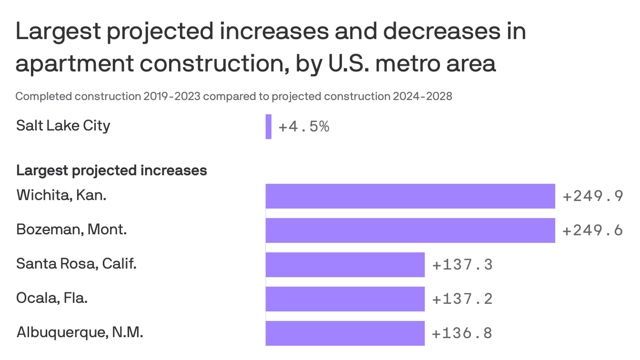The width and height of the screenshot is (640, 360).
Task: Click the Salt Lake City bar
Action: [268, 127]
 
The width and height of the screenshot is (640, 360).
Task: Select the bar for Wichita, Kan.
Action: [410, 196]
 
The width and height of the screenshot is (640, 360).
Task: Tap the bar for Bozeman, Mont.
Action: [410, 230]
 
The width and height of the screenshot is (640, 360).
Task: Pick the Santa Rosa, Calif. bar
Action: [345, 265]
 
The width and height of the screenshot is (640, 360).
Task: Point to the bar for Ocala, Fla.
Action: [345, 299]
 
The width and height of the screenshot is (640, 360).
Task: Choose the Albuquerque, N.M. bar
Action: [345, 333]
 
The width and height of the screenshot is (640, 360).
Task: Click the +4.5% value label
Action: [304, 127]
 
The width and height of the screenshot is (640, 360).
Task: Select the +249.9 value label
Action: [593, 196]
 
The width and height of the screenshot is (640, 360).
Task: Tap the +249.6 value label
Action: [593, 230]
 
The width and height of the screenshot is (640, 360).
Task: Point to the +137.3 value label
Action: [462, 265]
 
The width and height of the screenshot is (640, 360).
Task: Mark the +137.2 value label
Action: [462, 299]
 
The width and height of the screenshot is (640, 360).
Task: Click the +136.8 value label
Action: [462, 333]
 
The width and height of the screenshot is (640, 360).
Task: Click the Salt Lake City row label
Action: [63, 126]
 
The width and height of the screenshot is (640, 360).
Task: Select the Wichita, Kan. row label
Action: [61, 195]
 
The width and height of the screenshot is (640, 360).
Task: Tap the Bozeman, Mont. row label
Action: [71, 230]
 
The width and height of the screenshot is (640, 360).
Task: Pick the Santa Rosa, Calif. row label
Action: [76, 264]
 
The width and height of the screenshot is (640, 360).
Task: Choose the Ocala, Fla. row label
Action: [52, 298]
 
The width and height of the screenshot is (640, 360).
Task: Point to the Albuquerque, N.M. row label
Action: [80, 332]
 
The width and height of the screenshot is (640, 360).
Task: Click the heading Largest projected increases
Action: [112, 170]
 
